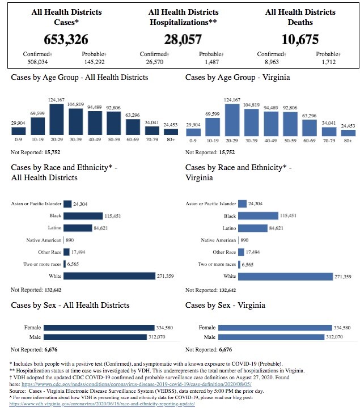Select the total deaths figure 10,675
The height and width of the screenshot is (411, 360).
coord(300,39)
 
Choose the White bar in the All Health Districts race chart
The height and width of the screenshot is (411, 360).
coord(109,276)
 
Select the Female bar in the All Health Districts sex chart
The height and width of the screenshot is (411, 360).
coord(99,328)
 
